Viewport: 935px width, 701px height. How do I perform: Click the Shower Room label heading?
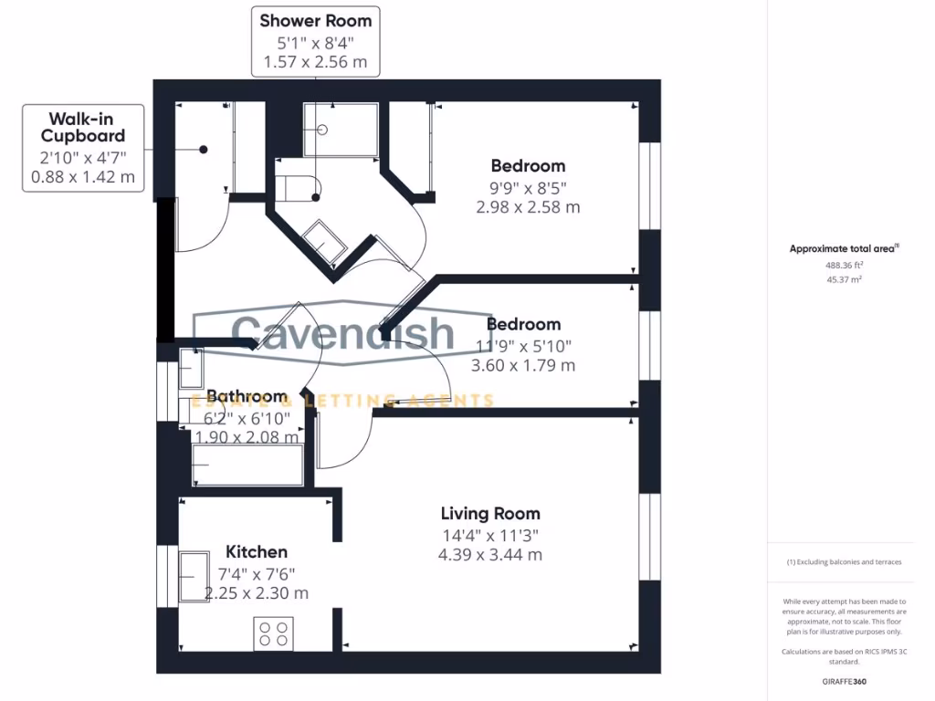[x=315, y=21]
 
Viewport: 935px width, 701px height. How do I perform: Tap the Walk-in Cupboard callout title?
[x=83, y=127]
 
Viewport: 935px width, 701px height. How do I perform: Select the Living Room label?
[x=490, y=514]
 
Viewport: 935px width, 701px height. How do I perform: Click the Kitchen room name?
[x=257, y=552]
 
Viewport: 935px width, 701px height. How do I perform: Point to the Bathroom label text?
[x=247, y=397]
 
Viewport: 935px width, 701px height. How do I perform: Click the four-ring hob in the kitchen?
[x=273, y=633]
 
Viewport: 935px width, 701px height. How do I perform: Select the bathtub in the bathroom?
[x=247, y=466]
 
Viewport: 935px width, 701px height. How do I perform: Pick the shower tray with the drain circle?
[x=340, y=130]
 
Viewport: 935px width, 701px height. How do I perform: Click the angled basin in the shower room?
[x=324, y=241]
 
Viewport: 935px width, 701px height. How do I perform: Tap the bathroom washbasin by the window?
[x=191, y=369]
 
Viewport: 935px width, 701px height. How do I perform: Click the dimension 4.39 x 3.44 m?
[x=490, y=555]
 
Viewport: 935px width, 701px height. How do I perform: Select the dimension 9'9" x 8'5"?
[x=528, y=187]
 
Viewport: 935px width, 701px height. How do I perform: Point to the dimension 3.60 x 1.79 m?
[x=522, y=365]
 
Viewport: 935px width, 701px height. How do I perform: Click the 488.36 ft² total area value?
[x=845, y=265]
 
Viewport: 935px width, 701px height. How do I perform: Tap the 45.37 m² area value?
[x=845, y=279]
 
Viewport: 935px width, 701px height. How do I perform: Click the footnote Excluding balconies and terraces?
[x=844, y=562]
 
